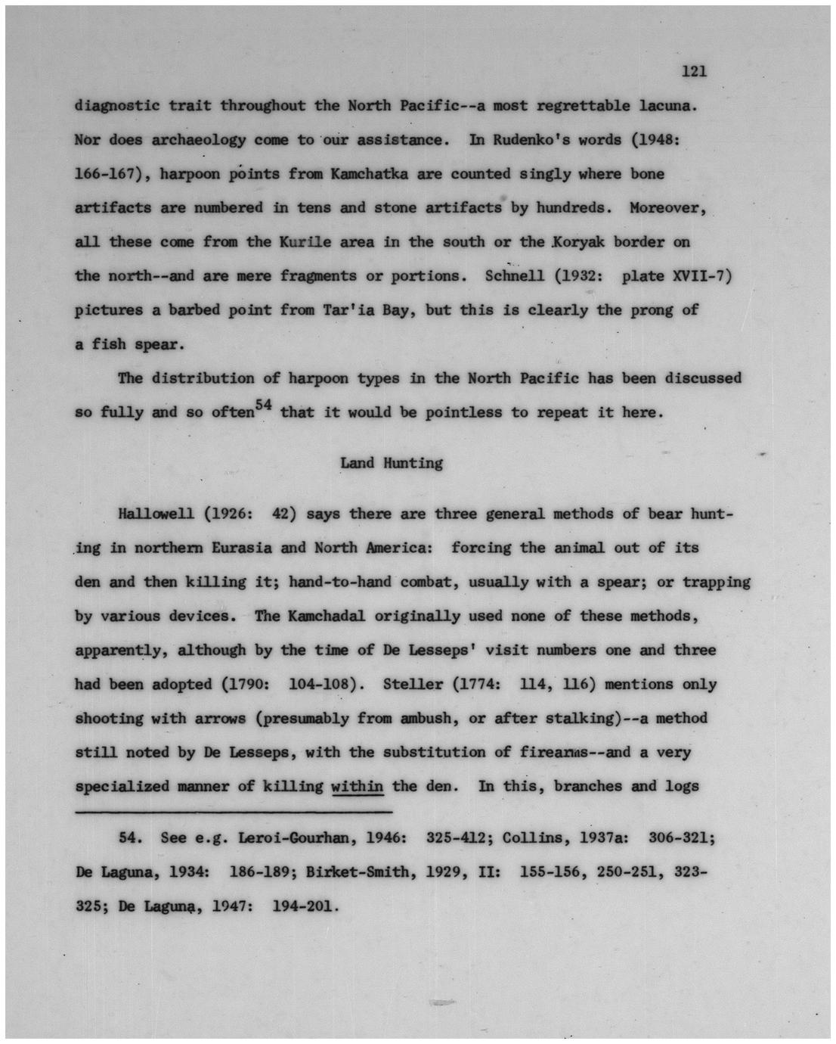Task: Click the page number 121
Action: [x=693, y=72]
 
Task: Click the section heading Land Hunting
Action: [x=391, y=463]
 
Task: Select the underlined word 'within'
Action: [x=358, y=786]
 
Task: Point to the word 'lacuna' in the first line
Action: [x=666, y=105]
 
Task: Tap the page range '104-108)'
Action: [x=324, y=684]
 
